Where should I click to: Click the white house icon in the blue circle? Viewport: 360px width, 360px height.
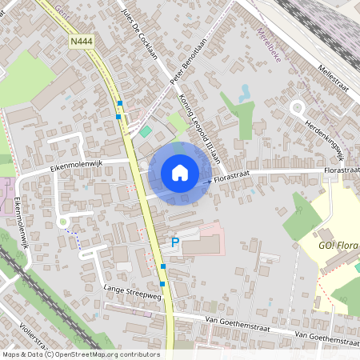click(x=179, y=172)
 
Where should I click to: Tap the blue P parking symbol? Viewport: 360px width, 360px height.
click(x=175, y=241)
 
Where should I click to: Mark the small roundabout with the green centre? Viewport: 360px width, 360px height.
click(x=62, y=222)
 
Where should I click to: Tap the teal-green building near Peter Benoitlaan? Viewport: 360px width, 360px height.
click(x=146, y=131)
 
